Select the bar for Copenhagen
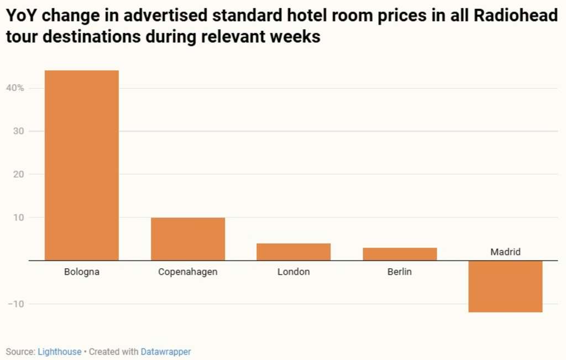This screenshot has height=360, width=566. pyautogui.click(x=188, y=239)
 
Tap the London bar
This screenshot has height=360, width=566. pyautogui.click(x=294, y=252)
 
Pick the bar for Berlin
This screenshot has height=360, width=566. pyautogui.click(x=400, y=254)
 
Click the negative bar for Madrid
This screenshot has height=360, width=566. pyautogui.click(x=505, y=286)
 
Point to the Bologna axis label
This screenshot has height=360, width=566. pyautogui.click(x=82, y=272)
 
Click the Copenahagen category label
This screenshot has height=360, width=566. pyautogui.click(x=188, y=272)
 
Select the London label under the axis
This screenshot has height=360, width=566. pyautogui.click(x=294, y=272)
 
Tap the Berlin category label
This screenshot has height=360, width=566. pyautogui.click(x=400, y=272)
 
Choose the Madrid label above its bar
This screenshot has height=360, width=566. pyautogui.click(x=505, y=252)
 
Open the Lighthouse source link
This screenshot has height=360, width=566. pyautogui.click(x=59, y=352)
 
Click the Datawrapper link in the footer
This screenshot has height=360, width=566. pyautogui.click(x=166, y=352)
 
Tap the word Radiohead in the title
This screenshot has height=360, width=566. pyautogui.click(x=516, y=16)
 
